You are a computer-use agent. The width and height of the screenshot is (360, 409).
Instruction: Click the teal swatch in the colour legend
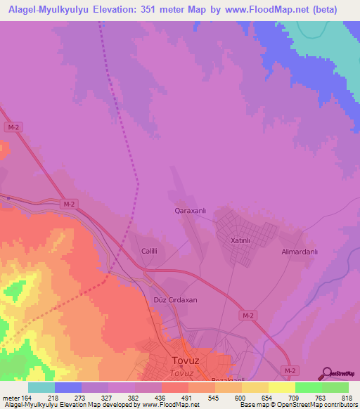41,387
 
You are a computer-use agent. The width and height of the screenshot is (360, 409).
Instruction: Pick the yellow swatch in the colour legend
282,387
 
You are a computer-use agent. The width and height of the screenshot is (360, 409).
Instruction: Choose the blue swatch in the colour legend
68,387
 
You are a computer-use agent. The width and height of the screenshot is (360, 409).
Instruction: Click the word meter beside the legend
11,398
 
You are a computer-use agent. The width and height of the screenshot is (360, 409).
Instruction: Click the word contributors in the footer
339,405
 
